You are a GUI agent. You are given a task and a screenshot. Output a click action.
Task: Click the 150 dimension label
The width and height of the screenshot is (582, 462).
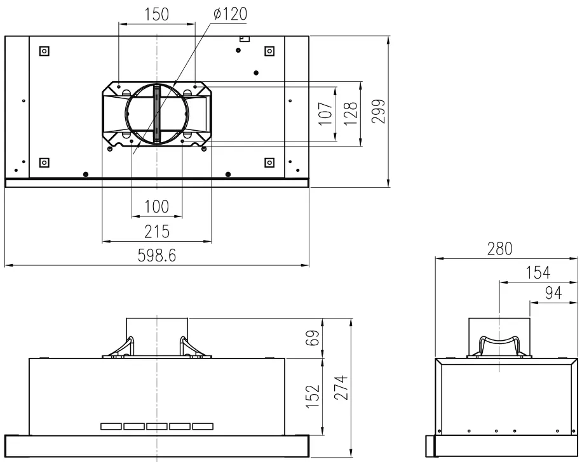[157, 15]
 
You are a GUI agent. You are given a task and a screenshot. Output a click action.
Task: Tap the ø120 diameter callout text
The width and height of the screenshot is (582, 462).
[230, 14]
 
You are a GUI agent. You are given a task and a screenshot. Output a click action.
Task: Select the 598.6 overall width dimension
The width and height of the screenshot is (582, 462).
[157, 256]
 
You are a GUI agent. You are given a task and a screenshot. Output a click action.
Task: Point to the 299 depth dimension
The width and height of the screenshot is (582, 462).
[378, 111]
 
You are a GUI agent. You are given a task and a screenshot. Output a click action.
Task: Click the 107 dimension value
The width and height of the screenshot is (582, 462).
[325, 113]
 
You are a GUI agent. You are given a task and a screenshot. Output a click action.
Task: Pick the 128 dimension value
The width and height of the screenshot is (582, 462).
[350, 113]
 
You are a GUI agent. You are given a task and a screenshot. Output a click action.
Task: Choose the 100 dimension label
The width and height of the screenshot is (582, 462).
[157, 206]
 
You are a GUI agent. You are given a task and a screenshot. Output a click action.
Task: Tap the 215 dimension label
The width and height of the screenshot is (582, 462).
[157, 232]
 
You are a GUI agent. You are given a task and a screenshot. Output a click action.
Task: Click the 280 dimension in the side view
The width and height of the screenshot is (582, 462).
[500, 249]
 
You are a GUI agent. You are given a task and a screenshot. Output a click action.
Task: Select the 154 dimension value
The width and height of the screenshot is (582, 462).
[538, 273]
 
